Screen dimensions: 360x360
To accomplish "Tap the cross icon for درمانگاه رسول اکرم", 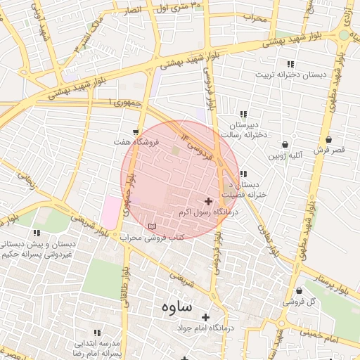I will click(208, 201).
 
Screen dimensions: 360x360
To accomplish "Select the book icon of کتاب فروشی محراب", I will click(153, 226).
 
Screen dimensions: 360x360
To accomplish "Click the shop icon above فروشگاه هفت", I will click(135, 131).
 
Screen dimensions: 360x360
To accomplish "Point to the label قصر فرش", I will click(328, 150).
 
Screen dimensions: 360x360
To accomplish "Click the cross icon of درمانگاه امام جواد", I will click(206, 317).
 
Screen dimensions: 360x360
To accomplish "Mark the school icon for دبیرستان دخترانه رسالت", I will click(243, 114).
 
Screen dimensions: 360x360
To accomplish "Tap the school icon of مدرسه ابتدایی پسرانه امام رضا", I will click(97, 332).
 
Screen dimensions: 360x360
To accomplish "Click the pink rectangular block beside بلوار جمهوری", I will click(111, 211).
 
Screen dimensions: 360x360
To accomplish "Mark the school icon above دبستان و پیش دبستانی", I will click(37, 233).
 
